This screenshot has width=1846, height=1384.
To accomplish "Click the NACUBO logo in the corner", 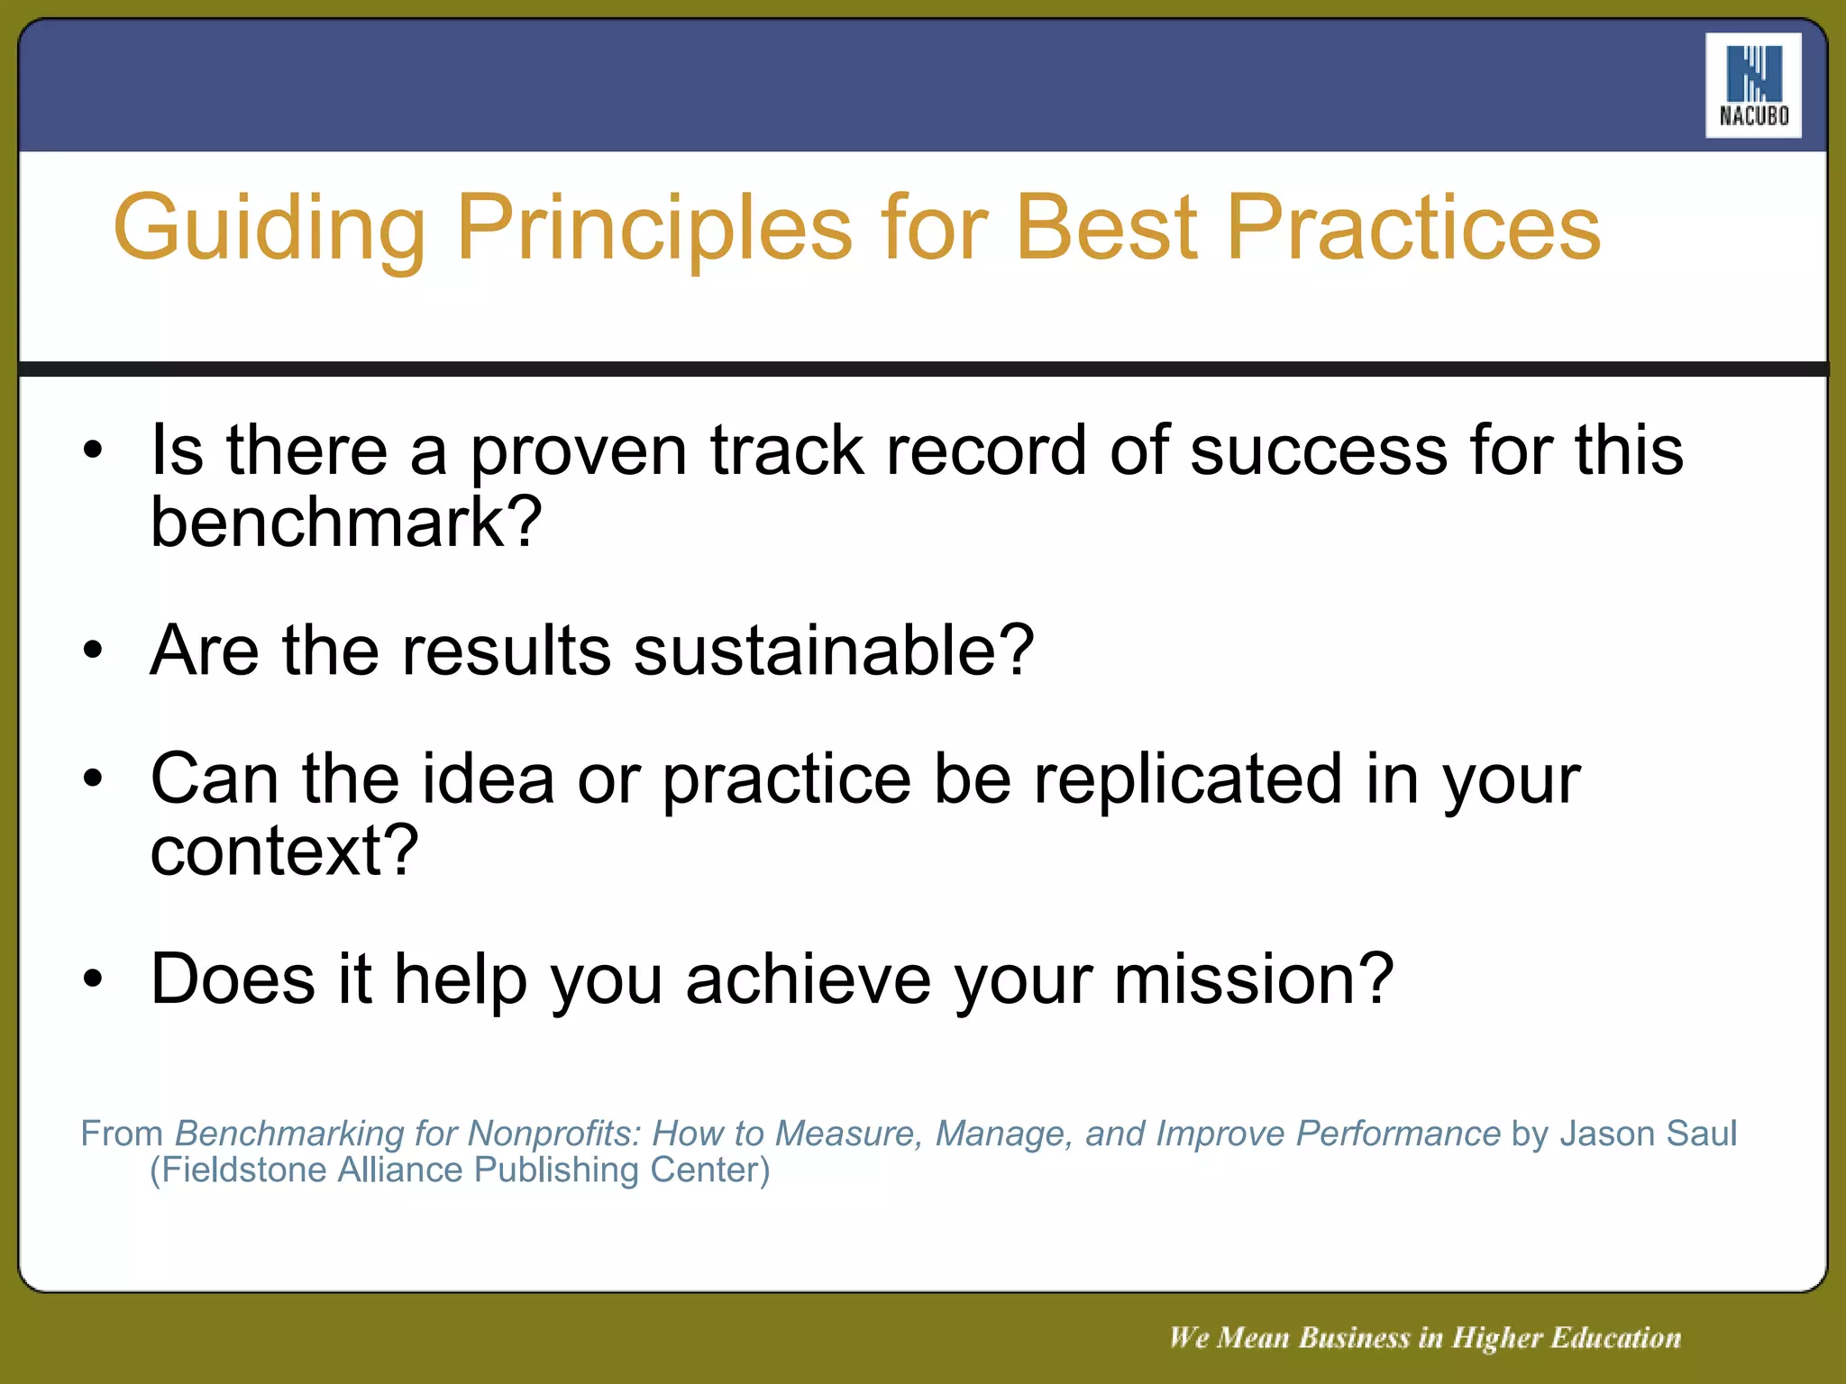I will click(x=1752, y=86).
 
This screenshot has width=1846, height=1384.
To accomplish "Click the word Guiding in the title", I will click(x=269, y=229).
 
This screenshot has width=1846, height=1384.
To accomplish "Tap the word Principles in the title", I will click(x=653, y=229).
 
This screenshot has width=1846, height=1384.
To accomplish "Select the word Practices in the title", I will click(x=1412, y=227).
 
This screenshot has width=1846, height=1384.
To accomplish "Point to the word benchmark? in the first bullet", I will click(x=346, y=523).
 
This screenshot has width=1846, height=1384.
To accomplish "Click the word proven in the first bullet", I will click(x=578, y=451).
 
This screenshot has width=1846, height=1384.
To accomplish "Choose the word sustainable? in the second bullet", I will click(x=834, y=651).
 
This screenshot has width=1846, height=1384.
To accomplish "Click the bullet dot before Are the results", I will click(x=93, y=650).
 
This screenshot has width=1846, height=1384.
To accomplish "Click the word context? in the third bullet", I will click(x=284, y=851).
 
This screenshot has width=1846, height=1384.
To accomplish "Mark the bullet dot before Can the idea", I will click(x=93, y=778).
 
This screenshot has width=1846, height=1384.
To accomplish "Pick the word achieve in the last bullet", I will click(x=808, y=979).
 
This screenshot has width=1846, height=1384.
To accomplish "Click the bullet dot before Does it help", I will click(x=93, y=979).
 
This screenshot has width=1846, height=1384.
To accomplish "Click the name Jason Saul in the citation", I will click(x=1648, y=1134).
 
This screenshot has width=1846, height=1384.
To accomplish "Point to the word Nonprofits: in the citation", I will click(x=553, y=1134).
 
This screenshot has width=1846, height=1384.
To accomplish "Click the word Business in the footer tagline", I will click(x=1354, y=1338).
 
